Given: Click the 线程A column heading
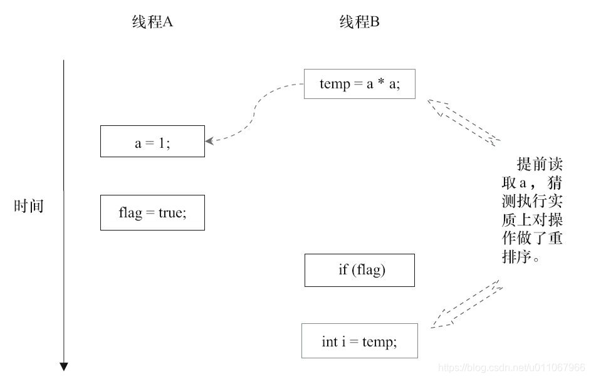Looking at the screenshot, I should pos(152,23).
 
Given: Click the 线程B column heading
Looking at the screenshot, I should pos(360,23).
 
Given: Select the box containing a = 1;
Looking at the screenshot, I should pos(152,142).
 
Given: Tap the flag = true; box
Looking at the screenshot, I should pos(152,212).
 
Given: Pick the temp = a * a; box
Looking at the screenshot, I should pos(359,84).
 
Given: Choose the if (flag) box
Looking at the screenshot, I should pos(359,270).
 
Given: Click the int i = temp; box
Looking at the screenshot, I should pos(359,341).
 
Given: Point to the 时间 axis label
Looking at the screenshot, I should pos(29,206).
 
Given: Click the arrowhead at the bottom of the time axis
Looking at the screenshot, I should pos(63,366).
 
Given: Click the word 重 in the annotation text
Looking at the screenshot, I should pos(554,239).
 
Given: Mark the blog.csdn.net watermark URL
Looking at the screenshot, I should pos(511,367).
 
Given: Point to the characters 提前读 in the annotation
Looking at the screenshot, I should pos(539,165).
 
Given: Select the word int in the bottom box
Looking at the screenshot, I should pos(330,341).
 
